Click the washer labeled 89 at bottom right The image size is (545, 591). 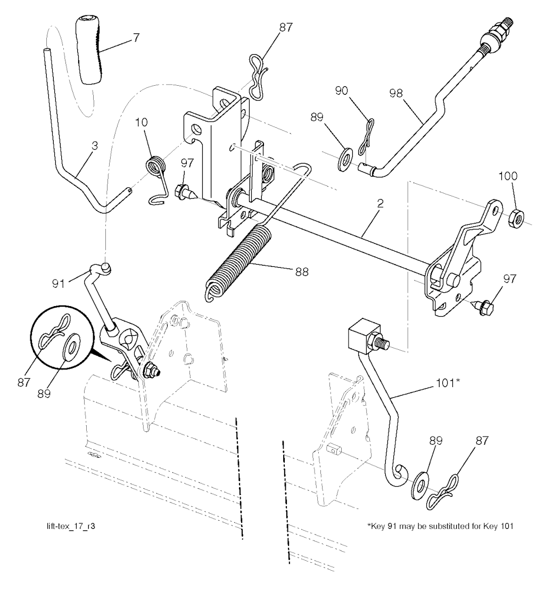coord(421,483)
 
